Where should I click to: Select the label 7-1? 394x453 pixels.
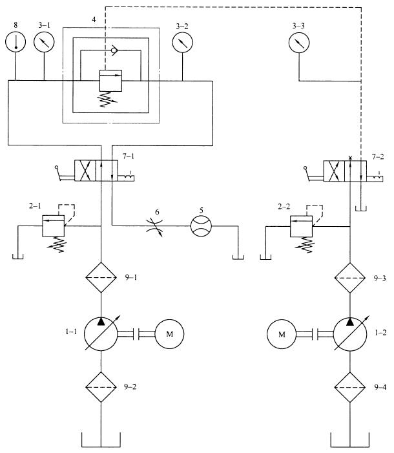[x=129, y=156]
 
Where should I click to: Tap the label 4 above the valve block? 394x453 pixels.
[x=94, y=19]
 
